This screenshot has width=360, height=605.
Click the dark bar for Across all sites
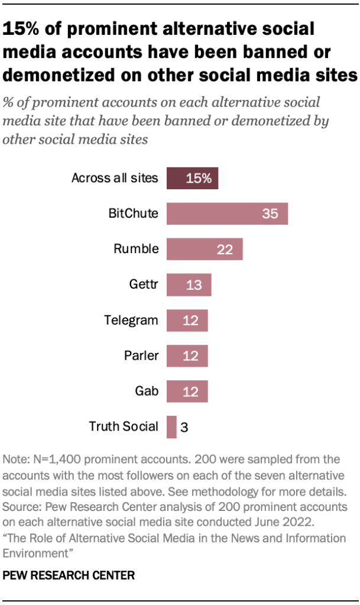pos(192,178)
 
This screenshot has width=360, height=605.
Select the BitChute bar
pos(227,213)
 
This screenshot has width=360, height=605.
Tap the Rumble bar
pos(205,249)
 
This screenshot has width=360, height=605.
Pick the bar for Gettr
pos(189,284)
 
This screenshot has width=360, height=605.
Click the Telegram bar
pos(187,321)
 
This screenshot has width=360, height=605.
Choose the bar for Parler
pos(187,356)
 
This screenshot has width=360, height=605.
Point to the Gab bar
pos(187,392)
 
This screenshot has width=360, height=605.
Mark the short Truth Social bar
pos(171,427)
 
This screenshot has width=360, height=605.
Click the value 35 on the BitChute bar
pos(270,213)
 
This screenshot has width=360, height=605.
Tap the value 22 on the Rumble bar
pos(225,249)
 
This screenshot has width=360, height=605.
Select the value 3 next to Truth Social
pos(183,427)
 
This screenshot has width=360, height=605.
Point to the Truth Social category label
pos(124,426)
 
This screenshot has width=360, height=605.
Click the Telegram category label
pos(131,321)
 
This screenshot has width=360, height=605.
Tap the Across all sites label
pos(115,178)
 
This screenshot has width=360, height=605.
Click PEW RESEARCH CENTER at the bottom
pos(69,574)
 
